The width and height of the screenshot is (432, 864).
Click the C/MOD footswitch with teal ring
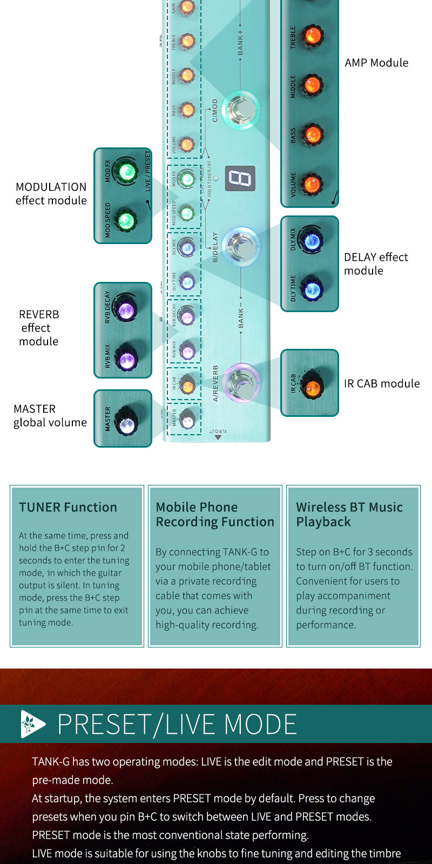241,109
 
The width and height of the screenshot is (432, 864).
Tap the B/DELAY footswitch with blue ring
241,246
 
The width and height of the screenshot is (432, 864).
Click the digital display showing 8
240,178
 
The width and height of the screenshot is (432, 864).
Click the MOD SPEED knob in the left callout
126,220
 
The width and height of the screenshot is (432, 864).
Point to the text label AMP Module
376,63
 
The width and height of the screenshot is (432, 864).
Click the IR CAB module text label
381,383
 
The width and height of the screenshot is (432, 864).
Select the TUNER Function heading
68,507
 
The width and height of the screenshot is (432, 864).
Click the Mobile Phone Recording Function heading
214,514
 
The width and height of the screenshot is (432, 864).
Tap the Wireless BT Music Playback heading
349,514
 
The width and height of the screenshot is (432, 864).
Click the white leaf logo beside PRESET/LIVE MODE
32,724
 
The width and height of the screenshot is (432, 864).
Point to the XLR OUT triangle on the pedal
218,437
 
